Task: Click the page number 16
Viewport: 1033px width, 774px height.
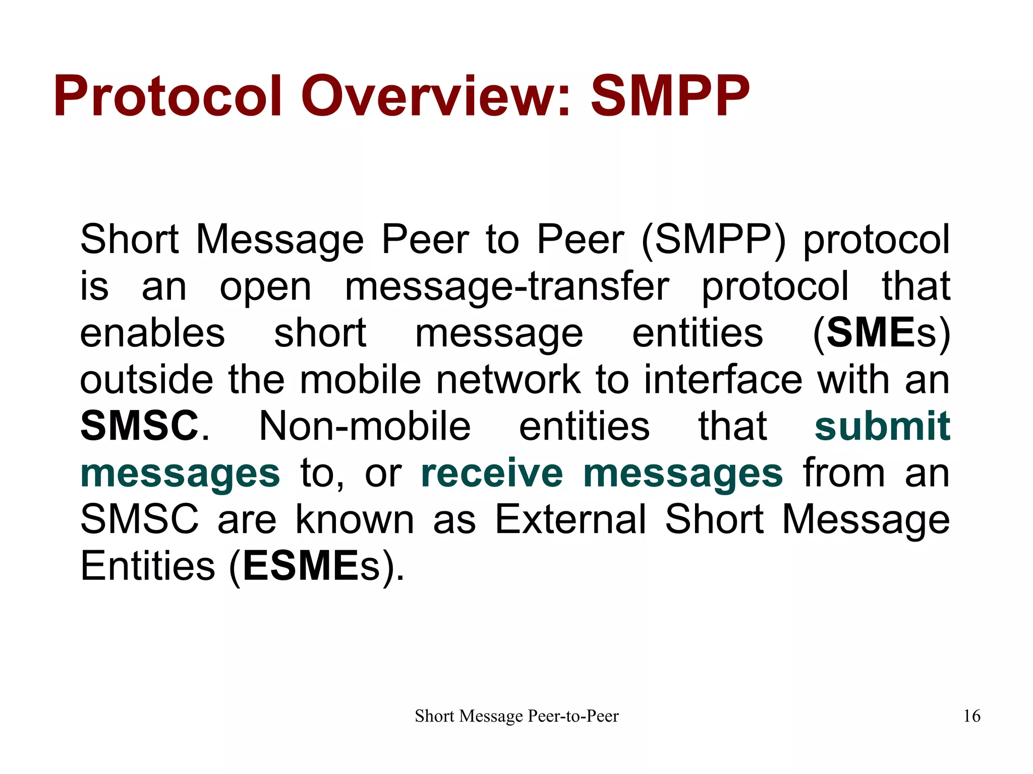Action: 971,716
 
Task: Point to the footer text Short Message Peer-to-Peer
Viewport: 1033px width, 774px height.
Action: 516,716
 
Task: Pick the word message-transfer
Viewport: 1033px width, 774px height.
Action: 507,287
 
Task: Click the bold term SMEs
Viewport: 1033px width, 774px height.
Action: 882,333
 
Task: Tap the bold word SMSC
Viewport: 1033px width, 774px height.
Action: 139,426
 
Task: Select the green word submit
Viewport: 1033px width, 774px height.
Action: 882,426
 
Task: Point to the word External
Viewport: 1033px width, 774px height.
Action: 570,519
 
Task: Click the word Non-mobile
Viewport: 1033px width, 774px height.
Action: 365,426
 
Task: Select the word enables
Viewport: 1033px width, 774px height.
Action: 152,333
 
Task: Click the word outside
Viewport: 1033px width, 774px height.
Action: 147,380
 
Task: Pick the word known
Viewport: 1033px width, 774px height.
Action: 354,519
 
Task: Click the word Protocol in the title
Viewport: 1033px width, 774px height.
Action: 167,96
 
